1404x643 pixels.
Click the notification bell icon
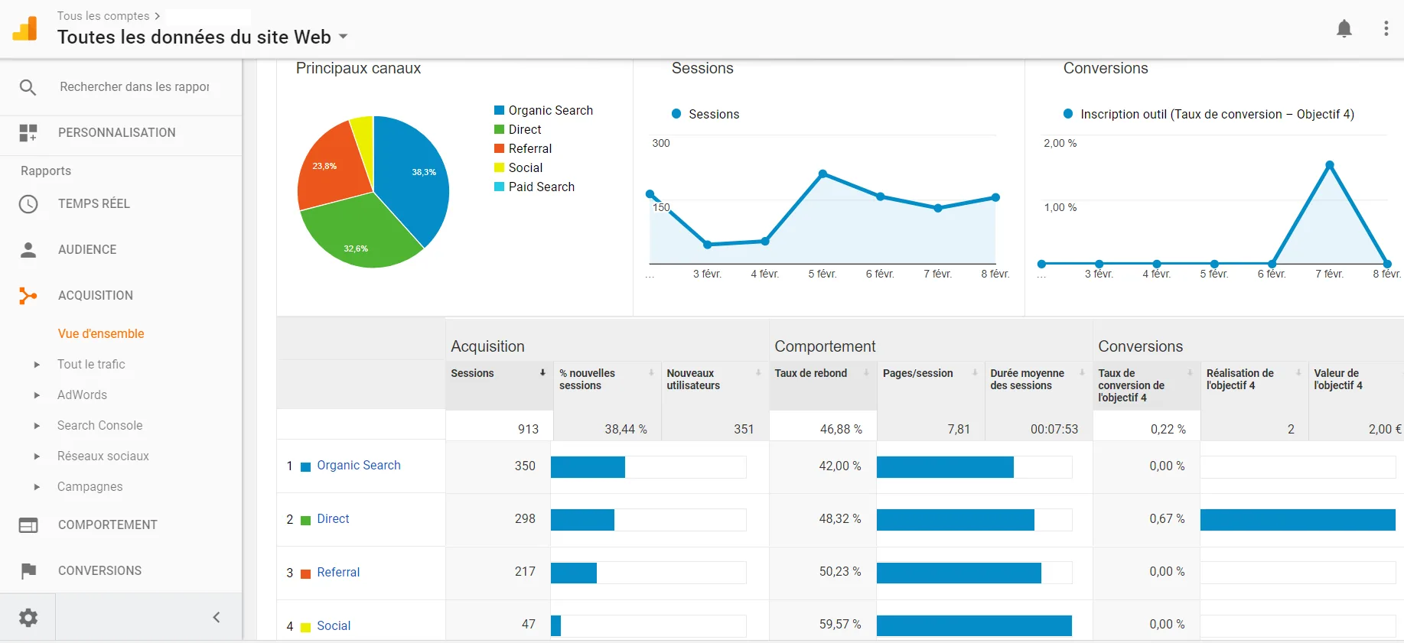(1344, 29)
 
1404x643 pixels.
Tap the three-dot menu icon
(1386, 29)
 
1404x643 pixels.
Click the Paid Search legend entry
(541, 187)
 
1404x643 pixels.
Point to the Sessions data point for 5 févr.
(823, 174)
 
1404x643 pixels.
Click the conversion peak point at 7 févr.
(1330, 165)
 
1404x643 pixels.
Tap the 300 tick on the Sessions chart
(660, 143)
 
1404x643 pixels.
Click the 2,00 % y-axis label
(1060, 143)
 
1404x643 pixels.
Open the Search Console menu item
(99, 425)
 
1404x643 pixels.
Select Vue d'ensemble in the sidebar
(101, 333)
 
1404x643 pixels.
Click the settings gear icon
(28, 617)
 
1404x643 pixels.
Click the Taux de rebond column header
(810, 373)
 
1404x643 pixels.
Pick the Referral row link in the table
(338, 572)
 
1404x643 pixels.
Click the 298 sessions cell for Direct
(525, 518)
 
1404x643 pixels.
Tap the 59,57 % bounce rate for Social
(840, 624)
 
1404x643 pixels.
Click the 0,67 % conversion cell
(1166, 518)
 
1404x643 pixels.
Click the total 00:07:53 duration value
(1054, 429)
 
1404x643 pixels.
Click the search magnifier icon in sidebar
(28, 87)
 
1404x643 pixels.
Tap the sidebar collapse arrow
(217, 617)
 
